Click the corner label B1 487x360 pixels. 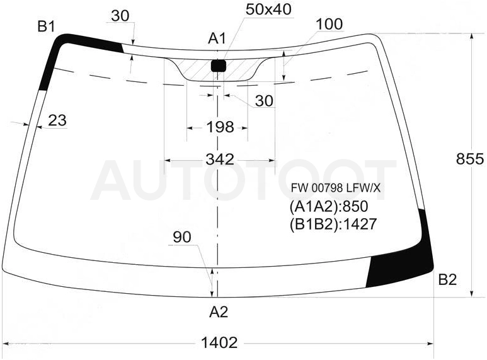coord(46,26)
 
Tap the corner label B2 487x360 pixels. coord(447,280)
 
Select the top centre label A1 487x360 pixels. coord(217,38)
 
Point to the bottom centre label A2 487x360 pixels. coord(219,312)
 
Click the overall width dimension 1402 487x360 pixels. coord(219,343)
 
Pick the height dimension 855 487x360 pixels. coord(470,159)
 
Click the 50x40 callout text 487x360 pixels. coord(268,9)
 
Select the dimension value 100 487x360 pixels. coord(329,24)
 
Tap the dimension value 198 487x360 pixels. coord(220,127)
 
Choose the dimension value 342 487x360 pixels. coord(220,159)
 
